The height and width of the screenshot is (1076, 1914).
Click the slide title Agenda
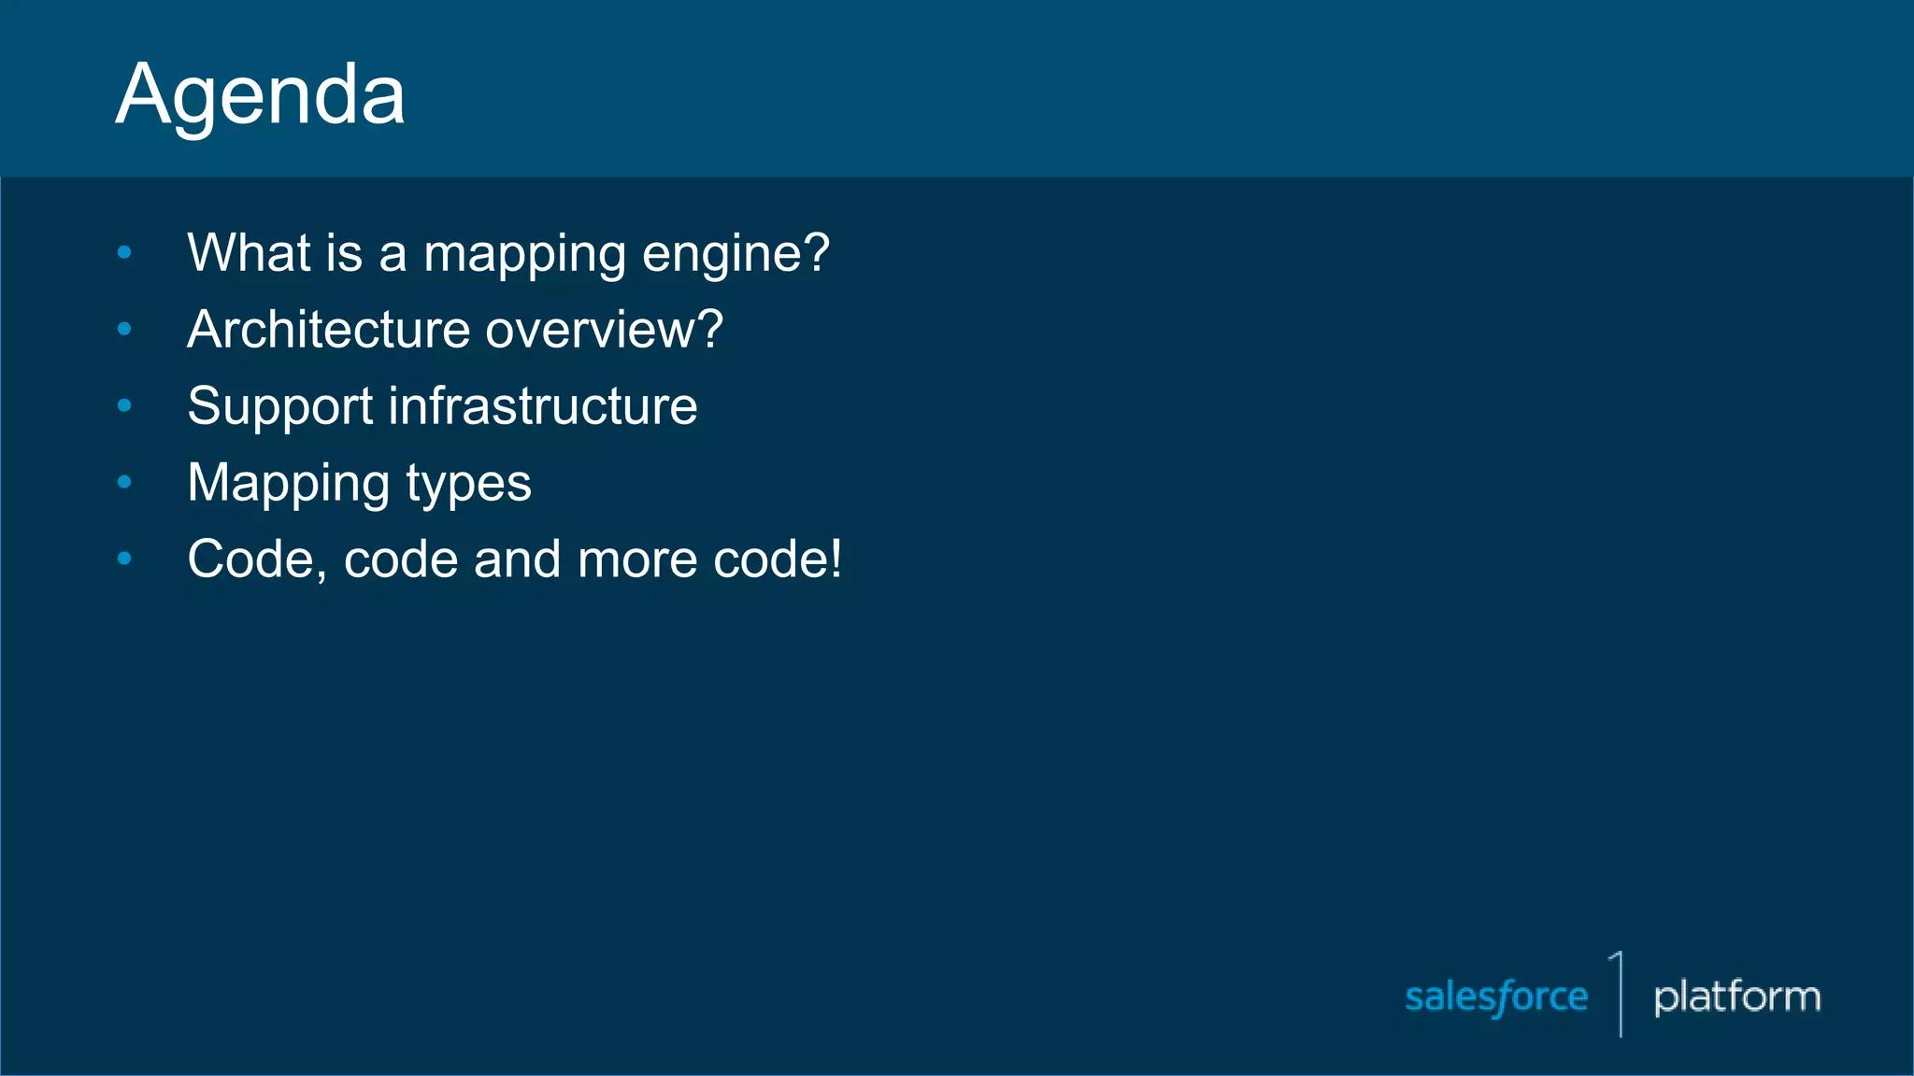click(261, 95)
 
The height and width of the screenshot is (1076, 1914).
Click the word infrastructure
click(542, 406)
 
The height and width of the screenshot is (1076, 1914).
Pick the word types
click(468, 485)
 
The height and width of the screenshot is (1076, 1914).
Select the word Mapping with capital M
click(289, 485)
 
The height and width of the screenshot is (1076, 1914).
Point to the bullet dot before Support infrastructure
click(124, 405)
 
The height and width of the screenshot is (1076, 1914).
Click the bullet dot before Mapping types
click(124, 482)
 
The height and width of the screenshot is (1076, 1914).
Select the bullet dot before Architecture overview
click(124, 329)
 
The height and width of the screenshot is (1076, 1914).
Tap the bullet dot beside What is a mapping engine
click(124, 252)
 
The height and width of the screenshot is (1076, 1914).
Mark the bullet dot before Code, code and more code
click(124, 559)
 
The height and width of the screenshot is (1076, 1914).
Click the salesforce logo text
click(1496, 998)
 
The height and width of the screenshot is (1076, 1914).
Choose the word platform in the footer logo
click(1736, 998)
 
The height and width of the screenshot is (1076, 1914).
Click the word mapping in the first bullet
click(524, 255)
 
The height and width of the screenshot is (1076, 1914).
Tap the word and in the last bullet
click(518, 559)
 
